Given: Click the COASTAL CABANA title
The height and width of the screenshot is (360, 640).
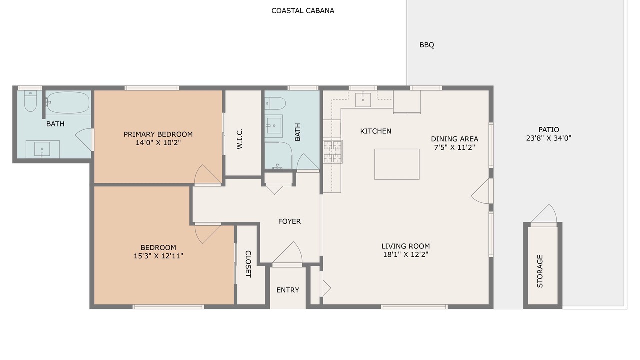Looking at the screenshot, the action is (303, 11).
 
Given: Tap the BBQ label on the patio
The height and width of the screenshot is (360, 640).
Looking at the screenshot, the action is (427, 45).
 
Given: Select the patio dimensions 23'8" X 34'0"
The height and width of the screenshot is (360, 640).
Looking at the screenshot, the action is (549, 138).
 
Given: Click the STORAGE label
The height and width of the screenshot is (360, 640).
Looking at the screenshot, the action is (540, 271).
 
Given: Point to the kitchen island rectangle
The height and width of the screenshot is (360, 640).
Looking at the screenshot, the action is (397, 164).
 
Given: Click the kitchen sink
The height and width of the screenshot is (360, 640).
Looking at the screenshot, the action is (363, 100).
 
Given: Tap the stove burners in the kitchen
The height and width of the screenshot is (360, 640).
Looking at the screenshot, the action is (333, 152).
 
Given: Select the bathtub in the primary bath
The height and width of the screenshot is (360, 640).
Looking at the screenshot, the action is (68, 102).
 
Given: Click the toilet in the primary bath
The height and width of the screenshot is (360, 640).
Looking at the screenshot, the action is (30, 101).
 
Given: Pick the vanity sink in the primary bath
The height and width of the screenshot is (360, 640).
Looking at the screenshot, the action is (42, 149).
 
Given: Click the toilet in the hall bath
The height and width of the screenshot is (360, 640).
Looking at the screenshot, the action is (275, 103).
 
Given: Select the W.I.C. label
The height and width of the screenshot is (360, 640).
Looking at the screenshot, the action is (239, 139).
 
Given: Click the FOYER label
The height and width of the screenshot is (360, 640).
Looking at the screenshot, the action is (289, 221).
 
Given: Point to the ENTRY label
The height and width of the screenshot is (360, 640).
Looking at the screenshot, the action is (287, 290).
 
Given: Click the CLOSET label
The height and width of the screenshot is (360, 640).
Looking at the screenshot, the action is (248, 264).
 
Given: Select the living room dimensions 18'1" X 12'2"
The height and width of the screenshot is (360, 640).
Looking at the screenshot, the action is (405, 255).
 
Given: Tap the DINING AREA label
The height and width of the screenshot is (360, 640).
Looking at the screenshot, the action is (454, 139).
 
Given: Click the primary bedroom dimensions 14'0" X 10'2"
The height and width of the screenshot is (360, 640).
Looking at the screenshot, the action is (158, 143).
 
